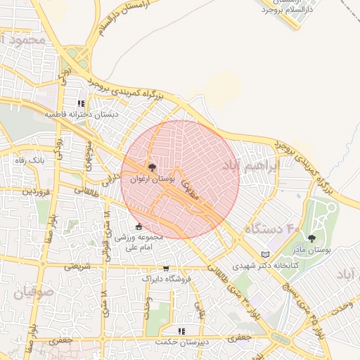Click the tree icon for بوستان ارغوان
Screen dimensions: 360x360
(x=152, y=168)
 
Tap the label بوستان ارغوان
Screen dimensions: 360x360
(x=152, y=180)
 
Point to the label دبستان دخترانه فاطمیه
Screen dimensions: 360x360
(x=82, y=114)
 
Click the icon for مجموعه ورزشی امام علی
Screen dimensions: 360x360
(x=139, y=226)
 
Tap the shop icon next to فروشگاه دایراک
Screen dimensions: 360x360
(x=166, y=268)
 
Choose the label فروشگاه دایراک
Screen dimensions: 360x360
(x=166, y=279)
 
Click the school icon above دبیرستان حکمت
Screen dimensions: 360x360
(x=181, y=330)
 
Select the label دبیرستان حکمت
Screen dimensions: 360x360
(x=181, y=342)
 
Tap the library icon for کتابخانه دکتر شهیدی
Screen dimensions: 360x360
(x=264, y=254)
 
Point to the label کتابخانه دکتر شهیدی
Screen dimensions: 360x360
(x=264, y=265)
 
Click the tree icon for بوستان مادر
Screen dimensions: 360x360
(x=311, y=238)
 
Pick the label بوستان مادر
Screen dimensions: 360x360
(x=311, y=250)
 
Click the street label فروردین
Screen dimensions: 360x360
(x=34, y=191)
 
